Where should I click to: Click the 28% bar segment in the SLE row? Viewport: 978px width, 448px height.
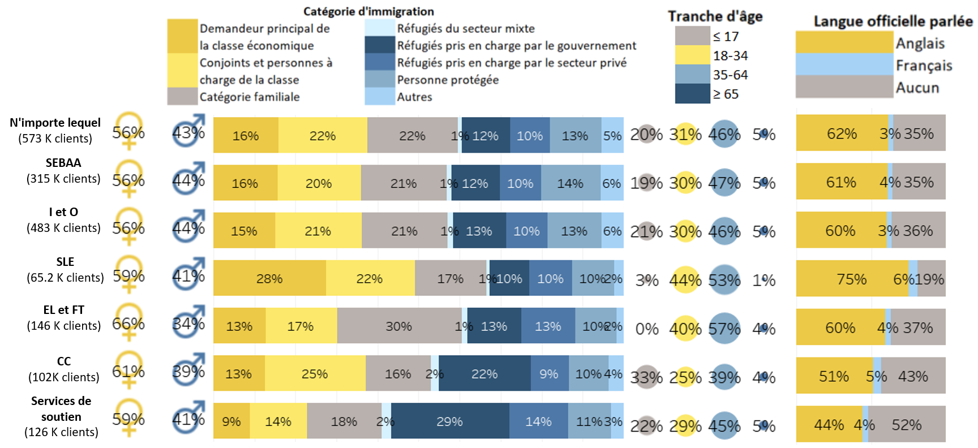click(269, 278)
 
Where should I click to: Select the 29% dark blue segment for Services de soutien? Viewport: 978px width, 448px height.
click(450, 421)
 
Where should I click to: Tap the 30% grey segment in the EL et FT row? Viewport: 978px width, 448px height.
click(399, 326)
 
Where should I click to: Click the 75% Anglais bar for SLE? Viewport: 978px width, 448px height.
click(852, 279)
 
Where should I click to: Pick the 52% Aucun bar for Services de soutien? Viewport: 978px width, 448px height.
click(906, 425)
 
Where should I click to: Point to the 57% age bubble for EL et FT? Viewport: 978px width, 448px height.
click(724, 329)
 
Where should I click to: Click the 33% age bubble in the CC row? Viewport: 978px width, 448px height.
click(646, 377)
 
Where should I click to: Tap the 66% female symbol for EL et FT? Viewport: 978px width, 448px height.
click(128, 324)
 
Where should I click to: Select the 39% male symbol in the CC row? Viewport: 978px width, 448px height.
click(188, 371)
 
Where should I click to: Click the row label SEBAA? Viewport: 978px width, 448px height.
click(63, 163)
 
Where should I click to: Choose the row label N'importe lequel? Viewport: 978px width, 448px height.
click(55, 123)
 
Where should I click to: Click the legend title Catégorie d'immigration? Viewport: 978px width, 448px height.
click(368, 11)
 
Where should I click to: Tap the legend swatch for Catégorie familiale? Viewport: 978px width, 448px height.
click(182, 97)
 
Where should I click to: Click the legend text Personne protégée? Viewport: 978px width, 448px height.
click(448, 80)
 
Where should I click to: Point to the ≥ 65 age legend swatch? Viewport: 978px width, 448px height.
click(692, 94)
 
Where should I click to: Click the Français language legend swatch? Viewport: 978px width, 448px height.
click(844, 64)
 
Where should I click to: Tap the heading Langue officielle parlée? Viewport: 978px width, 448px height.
click(893, 21)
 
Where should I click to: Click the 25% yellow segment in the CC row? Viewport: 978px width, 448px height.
click(315, 374)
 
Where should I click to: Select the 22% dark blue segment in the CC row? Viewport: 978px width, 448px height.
click(484, 374)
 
